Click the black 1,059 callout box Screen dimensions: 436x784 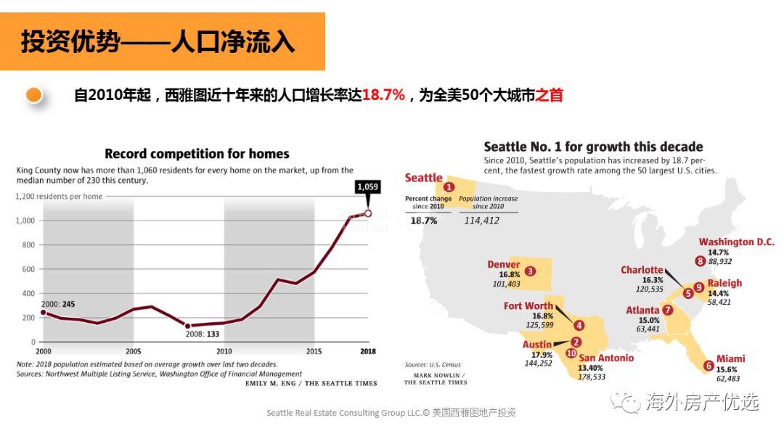point(367,187)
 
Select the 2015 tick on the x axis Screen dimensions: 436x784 point(314,352)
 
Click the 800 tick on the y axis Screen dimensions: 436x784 point(27,245)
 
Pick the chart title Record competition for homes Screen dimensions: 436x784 point(197,154)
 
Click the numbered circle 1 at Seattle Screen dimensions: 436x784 point(449,186)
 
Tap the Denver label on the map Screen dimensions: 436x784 point(503,265)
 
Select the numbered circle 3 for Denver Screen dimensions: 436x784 point(530,271)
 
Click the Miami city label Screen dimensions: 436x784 point(730,359)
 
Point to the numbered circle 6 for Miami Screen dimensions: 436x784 point(708,366)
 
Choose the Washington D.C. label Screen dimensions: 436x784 point(736,242)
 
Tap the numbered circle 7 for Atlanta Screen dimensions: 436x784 point(667,310)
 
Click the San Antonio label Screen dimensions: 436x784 point(606,358)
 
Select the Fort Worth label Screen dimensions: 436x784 point(528,306)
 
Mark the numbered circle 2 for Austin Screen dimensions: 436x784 point(576,342)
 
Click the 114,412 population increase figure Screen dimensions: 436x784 point(481,221)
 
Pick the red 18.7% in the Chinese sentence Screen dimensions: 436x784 point(383,95)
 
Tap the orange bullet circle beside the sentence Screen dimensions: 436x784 point(33,94)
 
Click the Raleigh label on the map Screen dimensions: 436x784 point(724,283)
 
